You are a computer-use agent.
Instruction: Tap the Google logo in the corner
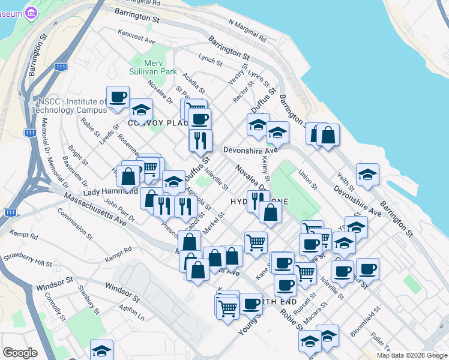(x=20, y=353)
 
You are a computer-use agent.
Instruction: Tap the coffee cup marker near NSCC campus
(x=118, y=97)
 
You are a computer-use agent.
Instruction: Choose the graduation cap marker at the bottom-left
(x=102, y=350)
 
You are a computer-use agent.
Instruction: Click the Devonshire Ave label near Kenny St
(x=250, y=150)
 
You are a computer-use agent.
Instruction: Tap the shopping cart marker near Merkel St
(x=256, y=242)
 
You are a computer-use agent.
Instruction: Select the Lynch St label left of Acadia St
(x=211, y=59)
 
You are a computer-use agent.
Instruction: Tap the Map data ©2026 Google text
(x=412, y=355)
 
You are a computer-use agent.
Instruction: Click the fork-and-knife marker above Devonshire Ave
(x=200, y=140)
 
